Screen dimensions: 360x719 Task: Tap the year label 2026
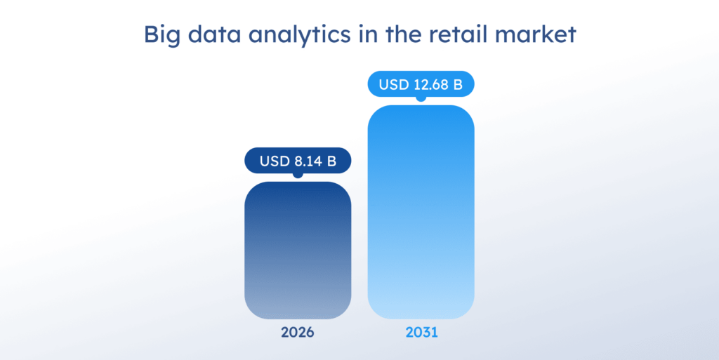(298, 333)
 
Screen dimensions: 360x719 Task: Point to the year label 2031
(421, 333)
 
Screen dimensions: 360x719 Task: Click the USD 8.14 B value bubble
(298, 161)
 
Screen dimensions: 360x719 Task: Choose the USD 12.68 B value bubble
(421, 85)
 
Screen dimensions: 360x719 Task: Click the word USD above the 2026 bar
(273, 161)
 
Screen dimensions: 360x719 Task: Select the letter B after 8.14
(331, 161)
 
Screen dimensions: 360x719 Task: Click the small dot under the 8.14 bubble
(298, 175)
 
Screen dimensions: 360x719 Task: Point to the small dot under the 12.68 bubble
(421, 99)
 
